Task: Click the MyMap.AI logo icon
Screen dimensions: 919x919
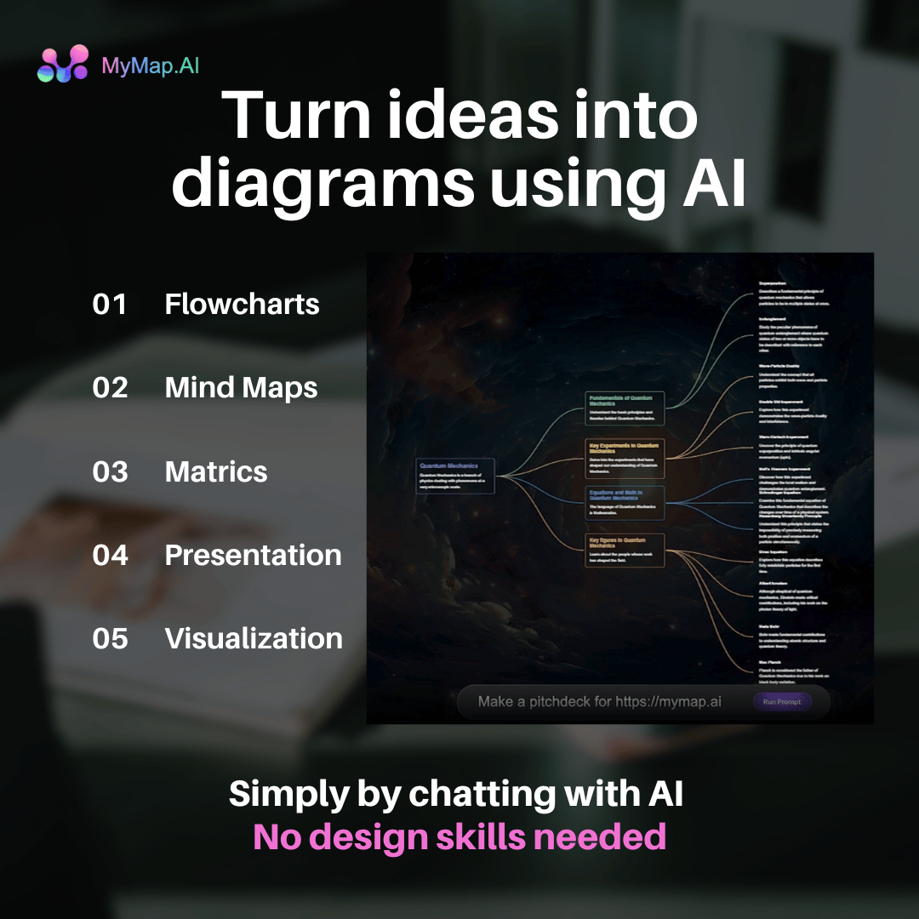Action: coord(63,64)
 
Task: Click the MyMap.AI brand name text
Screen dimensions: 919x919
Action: coord(151,65)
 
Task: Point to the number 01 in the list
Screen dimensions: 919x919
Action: coord(110,305)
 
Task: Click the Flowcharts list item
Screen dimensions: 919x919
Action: coord(242,305)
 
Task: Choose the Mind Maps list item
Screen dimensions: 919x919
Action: coord(241,388)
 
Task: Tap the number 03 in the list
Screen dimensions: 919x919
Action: coord(110,471)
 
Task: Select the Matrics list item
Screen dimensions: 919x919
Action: coord(216,471)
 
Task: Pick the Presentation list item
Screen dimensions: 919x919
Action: coord(253,555)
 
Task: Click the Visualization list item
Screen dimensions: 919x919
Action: coord(254,638)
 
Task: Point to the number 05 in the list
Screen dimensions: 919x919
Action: coord(110,638)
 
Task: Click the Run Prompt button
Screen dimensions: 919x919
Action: coord(782,702)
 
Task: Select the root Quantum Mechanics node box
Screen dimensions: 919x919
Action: coord(455,473)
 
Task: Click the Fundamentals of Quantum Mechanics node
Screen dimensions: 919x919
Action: coord(624,408)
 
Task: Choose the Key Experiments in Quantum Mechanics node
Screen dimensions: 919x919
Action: coord(624,456)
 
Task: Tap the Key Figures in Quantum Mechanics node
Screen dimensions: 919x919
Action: coord(624,551)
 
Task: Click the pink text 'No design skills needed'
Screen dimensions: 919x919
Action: coord(459,837)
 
